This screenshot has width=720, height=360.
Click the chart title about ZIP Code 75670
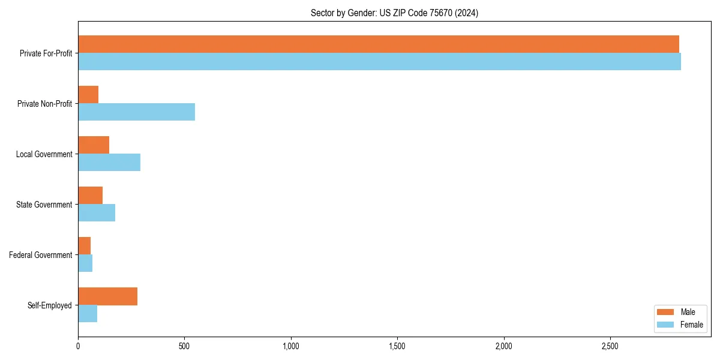click(394, 13)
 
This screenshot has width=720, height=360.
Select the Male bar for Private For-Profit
click(378, 44)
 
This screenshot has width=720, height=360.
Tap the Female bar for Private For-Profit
click(379, 62)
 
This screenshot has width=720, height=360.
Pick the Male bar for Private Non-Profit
click(88, 95)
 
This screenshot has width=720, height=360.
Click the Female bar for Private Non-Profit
click(136, 112)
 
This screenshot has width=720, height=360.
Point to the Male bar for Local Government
click(94, 145)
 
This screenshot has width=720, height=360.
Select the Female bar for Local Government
click(109, 163)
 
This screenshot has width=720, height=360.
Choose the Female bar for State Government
click(97, 213)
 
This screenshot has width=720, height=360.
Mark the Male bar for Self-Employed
click(107, 296)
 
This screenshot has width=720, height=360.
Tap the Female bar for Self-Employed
click(88, 314)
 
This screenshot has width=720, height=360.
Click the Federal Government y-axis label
click(41, 255)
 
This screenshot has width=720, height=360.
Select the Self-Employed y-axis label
click(50, 305)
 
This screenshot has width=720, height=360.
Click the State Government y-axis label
click(44, 205)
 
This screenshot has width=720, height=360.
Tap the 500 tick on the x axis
click(184, 346)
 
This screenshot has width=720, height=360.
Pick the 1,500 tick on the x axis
click(397, 346)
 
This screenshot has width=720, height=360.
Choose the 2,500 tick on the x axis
click(610, 346)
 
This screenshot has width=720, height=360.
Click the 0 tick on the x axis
click(78, 346)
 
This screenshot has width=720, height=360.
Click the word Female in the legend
click(691, 325)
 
